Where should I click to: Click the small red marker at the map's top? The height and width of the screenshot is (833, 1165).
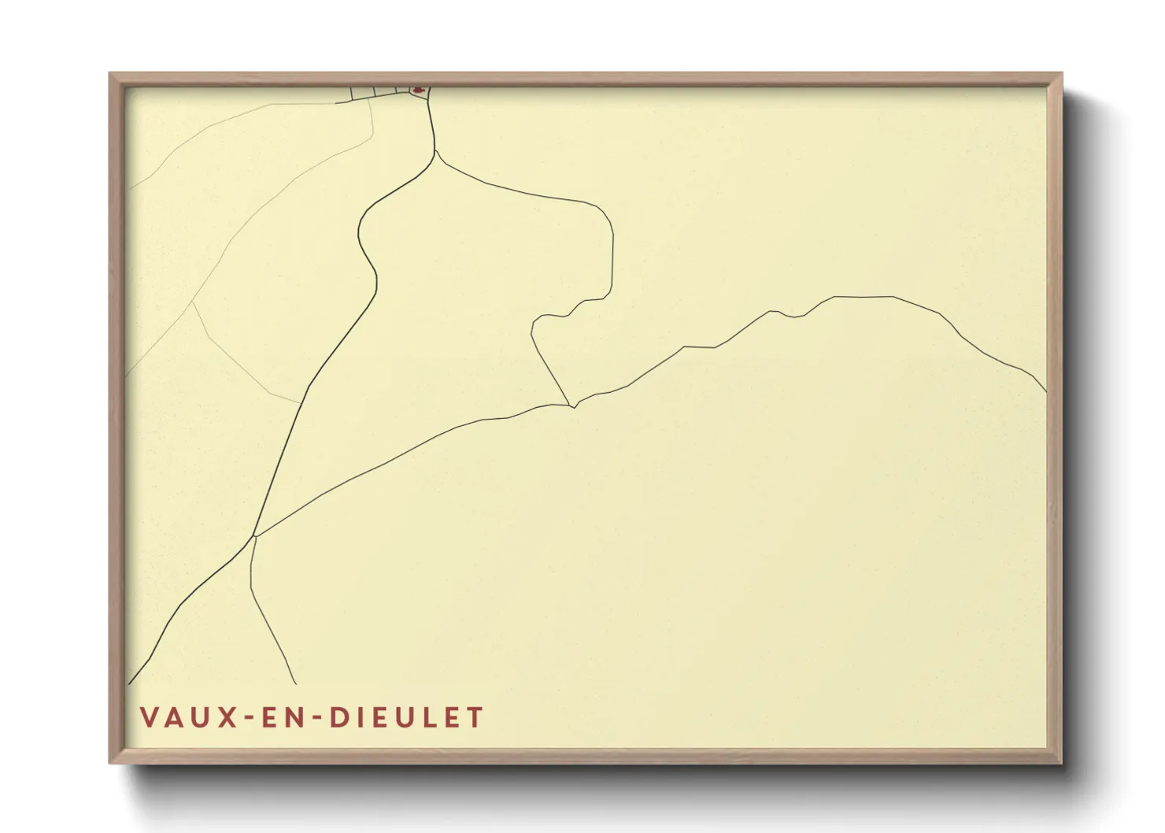pyautogui.click(x=419, y=91)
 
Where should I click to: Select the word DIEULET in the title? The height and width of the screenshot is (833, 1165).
pyautogui.click(x=406, y=717)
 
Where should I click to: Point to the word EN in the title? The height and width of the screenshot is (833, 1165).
pyautogui.click(x=288, y=717)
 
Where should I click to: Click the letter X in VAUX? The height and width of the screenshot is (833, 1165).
pyautogui.click(x=227, y=717)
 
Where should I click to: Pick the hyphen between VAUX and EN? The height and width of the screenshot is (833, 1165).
pyautogui.click(x=251, y=718)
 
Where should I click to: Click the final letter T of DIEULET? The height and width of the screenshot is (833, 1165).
pyautogui.click(x=475, y=717)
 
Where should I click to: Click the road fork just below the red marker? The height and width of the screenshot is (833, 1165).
pyautogui.click(x=435, y=151)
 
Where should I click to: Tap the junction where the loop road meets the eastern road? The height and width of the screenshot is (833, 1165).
pyautogui.click(x=572, y=406)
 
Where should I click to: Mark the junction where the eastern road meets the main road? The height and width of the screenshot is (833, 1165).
pyautogui.click(x=255, y=536)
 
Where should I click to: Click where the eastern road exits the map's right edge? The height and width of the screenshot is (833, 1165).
pyautogui.click(x=1046, y=391)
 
